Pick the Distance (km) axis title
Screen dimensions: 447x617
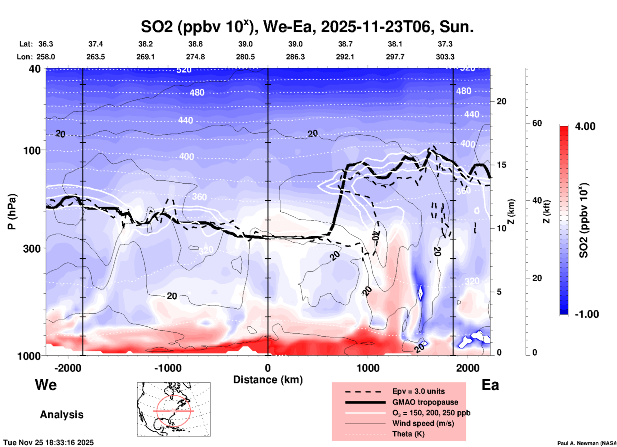tap(268, 380)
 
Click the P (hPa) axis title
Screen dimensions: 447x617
tap(12, 212)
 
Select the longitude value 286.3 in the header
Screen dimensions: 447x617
tap(295, 57)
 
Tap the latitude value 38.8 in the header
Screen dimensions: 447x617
tap(195, 44)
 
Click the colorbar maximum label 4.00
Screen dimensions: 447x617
tap(585, 126)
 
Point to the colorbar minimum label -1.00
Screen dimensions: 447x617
tap(587, 314)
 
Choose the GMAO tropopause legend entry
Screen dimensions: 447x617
tap(425, 402)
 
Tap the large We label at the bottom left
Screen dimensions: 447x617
tap(46, 384)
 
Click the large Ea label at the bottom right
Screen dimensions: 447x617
tap(490, 385)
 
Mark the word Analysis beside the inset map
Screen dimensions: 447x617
tap(62, 415)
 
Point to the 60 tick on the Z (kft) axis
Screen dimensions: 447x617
tap(537, 123)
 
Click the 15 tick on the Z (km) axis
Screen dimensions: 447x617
tap(501, 165)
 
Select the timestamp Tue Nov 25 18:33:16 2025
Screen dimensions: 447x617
tap(49, 443)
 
